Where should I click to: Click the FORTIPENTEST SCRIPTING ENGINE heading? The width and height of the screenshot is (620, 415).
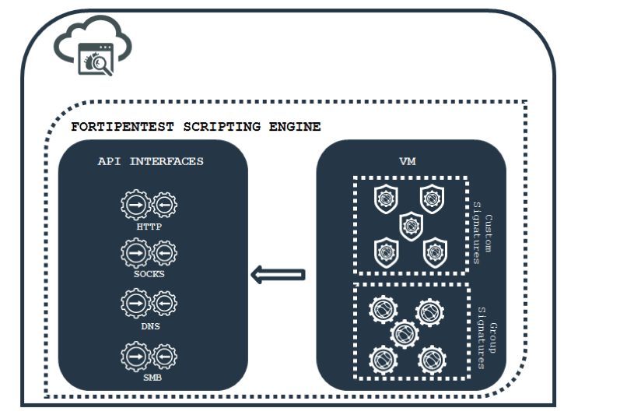[x=195, y=127]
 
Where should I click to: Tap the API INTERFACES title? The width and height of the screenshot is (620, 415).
[x=151, y=161]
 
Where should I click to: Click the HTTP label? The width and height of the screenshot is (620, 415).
[x=149, y=227]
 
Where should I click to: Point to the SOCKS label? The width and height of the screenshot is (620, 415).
[x=149, y=274]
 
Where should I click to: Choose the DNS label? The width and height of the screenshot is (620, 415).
[x=149, y=326]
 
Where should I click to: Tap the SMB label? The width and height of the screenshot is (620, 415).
[x=149, y=377]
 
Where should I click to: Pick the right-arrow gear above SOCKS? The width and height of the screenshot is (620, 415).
[x=135, y=254]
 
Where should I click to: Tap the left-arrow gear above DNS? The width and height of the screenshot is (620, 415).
[x=164, y=304]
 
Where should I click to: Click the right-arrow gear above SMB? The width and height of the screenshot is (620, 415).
[x=135, y=356]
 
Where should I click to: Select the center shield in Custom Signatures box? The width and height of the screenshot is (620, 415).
[x=410, y=227]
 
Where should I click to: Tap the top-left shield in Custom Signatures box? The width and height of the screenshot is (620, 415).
[x=384, y=199]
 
